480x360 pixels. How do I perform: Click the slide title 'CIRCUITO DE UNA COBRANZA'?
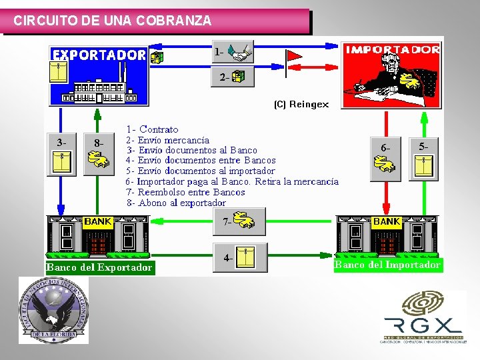(113, 21)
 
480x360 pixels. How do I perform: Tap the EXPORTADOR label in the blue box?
(99, 55)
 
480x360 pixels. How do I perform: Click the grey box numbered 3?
(61, 153)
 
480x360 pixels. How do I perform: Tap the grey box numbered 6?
(386, 157)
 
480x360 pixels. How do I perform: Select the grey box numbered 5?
(423, 157)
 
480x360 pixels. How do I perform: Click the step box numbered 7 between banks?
(239, 222)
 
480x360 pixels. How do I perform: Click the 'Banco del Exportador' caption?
(99, 268)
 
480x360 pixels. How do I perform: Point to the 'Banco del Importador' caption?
(388, 265)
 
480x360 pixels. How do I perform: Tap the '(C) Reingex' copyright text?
(301, 104)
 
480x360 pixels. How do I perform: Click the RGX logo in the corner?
(422, 317)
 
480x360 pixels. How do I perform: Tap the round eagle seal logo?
(53, 311)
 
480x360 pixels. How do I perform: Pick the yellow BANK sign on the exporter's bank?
(98, 221)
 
